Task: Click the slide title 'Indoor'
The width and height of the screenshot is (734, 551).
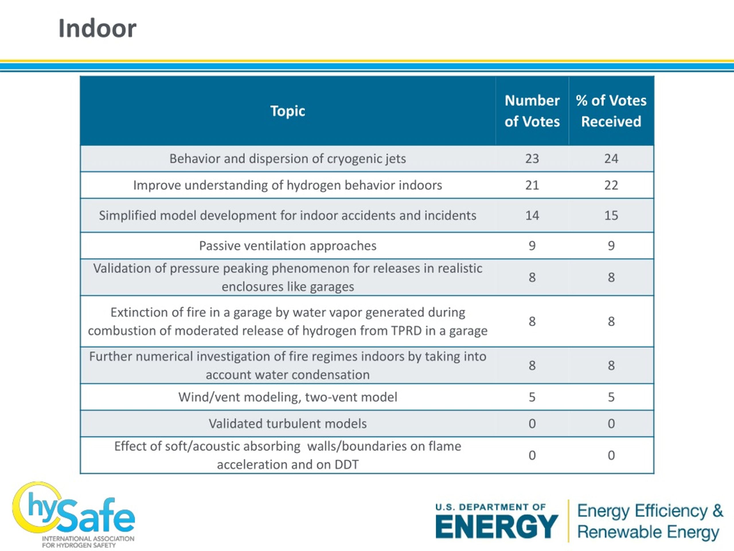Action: (x=97, y=29)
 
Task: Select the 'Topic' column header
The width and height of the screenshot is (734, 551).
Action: (x=288, y=111)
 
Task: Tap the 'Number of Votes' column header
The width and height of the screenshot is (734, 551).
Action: (x=532, y=111)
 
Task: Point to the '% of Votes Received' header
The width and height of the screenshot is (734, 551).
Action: (x=611, y=111)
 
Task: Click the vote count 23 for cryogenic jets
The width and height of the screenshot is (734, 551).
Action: (x=532, y=159)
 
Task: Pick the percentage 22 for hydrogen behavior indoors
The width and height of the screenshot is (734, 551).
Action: (x=611, y=185)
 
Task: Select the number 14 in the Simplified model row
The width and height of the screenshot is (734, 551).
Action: (x=532, y=216)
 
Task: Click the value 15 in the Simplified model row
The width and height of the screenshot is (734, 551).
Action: (x=611, y=216)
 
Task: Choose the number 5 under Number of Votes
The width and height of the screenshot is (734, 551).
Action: (x=532, y=397)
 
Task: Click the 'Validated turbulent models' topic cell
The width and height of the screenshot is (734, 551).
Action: (x=288, y=424)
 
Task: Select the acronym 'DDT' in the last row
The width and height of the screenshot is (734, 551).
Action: (x=346, y=465)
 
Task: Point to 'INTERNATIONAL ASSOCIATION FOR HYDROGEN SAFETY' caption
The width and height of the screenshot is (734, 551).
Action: (x=88, y=542)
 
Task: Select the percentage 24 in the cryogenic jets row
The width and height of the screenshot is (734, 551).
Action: (x=611, y=159)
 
